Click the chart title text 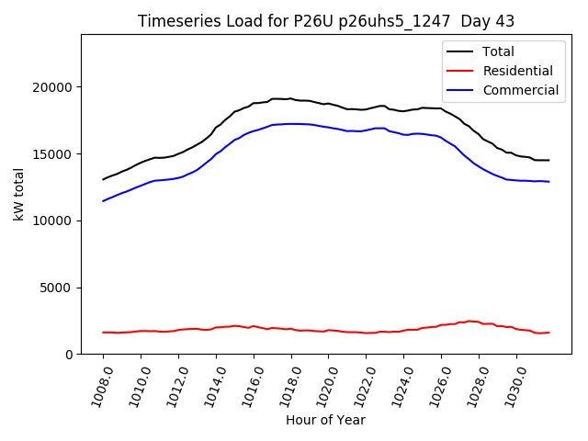(x=326, y=21)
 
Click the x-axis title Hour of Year (x=325, y=420)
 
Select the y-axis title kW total (x=18, y=195)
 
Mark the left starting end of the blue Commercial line (x=103, y=201)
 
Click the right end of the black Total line (x=549, y=160)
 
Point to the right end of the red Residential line (x=549, y=333)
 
